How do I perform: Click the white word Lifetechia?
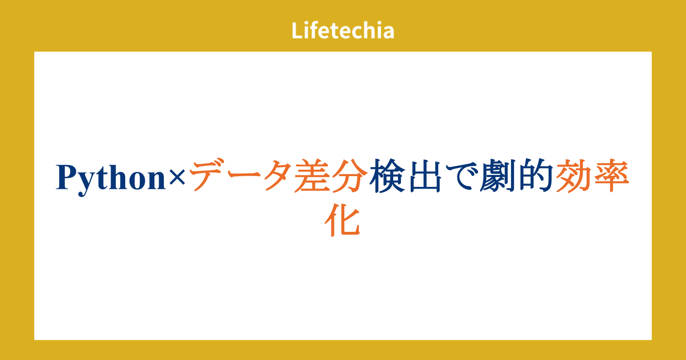(x=343, y=30)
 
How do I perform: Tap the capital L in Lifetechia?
(x=297, y=30)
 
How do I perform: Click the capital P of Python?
(x=67, y=177)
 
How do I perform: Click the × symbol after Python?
(x=177, y=177)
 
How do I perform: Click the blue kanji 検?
(x=386, y=176)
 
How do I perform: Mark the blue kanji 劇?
(x=498, y=175)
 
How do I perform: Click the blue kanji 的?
(x=536, y=175)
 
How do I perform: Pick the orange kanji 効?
(x=573, y=175)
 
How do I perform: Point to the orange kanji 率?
(x=611, y=175)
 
